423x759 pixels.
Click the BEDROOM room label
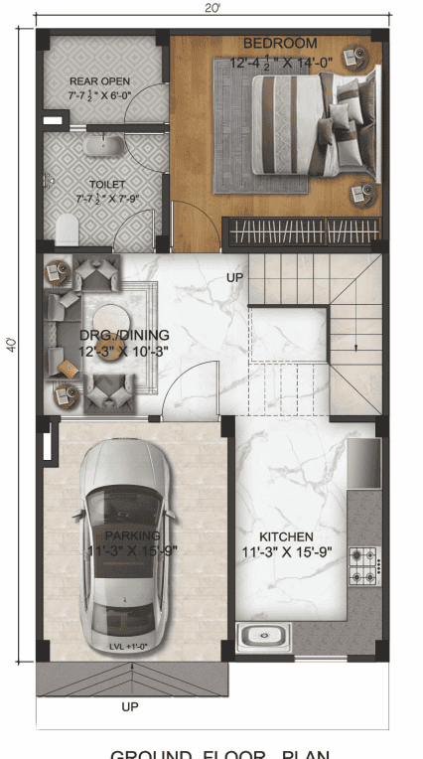[x=280, y=44]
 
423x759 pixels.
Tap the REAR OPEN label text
[x=99, y=80]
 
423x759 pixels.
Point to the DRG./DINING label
[x=124, y=335]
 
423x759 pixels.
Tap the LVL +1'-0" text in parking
[x=128, y=647]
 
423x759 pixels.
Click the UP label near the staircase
[x=234, y=276]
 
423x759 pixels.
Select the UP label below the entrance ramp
[x=129, y=707]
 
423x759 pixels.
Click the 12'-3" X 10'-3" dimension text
[x=124, y=351]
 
